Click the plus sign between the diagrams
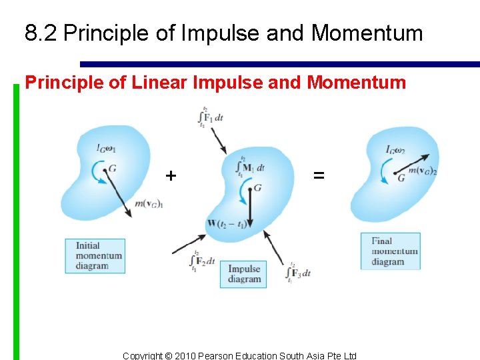pos(171,176)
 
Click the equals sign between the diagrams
pos(319,176)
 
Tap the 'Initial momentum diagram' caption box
pos(95,255)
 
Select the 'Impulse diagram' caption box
pos(243,274)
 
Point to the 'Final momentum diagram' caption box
pos(391,251)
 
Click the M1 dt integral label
pos(251,166)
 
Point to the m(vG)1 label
pos(149,203)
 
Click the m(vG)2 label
pos(422,172)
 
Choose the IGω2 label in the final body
pos(395,149)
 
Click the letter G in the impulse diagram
pos(257,189)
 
